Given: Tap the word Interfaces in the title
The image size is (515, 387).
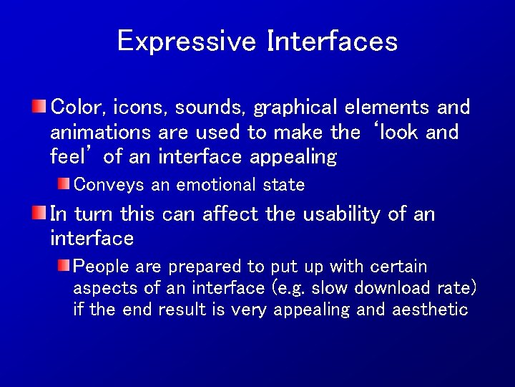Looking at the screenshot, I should [332, 41].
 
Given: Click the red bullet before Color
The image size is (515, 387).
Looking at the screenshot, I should [40, 107].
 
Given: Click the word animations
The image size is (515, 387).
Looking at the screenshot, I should [101, 133].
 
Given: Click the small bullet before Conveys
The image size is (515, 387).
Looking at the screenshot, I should [64, 184].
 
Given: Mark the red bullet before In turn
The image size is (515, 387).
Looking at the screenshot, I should [40, 213].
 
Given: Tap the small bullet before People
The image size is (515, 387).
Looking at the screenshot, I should [64, 267].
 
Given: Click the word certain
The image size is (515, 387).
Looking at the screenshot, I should [399, 267].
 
